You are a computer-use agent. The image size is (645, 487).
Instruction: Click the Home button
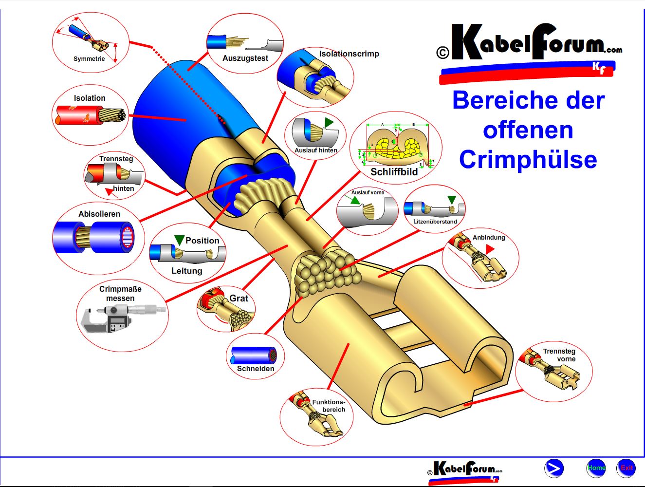coord(596,468)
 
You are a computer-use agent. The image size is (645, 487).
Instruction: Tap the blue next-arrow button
coord(554,468)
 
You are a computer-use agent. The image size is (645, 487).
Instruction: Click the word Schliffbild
coord(394,172)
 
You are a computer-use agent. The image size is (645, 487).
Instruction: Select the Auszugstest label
coord(245,58)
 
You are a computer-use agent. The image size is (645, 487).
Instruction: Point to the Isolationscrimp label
coord(349,54)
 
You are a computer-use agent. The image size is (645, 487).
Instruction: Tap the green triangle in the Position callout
coord(179,240)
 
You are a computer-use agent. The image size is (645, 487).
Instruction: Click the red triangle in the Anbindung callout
coord(489,249)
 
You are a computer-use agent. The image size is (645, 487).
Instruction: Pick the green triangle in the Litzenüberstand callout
coord(452,200)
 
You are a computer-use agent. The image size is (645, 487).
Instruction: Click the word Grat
coord(239,299)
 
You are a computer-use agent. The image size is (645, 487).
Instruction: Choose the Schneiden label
coord(256,369)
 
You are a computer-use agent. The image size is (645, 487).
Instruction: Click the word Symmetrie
coord(89,59)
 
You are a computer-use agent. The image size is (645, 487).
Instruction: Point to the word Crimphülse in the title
coord(528,160)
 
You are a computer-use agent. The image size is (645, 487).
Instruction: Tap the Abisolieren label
coord(99,214)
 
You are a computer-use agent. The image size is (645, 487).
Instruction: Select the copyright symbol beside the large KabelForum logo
coord(442,53)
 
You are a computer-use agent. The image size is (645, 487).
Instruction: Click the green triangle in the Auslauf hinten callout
coord(329,122)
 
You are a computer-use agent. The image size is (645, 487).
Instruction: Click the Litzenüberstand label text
coord(435,222)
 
